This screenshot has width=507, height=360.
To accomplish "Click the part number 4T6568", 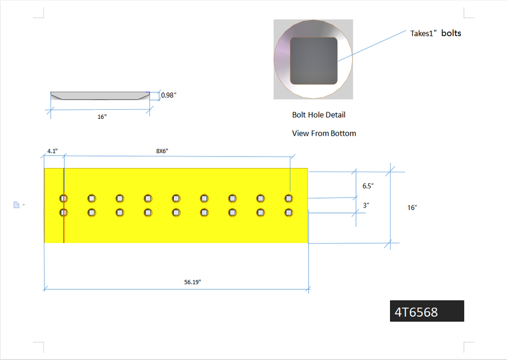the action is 416,312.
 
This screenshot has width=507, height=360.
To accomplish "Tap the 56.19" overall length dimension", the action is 193,282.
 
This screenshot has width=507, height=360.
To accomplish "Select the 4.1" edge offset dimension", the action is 52,151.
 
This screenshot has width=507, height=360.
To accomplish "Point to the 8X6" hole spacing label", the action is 162,151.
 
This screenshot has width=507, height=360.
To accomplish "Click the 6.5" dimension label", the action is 368,186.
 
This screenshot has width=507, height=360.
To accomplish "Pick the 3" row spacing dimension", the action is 366,205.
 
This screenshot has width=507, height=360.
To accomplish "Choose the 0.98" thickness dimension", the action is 169,95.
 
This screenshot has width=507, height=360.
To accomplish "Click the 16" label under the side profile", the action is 102,117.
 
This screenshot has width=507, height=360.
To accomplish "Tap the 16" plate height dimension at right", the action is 412,208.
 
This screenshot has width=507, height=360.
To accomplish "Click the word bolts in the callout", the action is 451,33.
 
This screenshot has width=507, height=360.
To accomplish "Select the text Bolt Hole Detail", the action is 319,115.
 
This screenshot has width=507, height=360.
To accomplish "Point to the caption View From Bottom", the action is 324,133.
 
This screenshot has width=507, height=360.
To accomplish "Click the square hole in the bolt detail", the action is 314,61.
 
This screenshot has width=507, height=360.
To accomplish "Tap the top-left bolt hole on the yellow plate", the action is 64,198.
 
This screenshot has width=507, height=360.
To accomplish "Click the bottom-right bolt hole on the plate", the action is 289,212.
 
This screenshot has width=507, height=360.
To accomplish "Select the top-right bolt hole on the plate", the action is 289,198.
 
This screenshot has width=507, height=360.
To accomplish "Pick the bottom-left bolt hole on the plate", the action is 64,212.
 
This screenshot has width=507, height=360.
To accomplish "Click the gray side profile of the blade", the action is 100,96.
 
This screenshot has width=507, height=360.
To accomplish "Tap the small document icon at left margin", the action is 16,205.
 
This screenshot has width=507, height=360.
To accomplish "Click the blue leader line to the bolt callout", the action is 372,46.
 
